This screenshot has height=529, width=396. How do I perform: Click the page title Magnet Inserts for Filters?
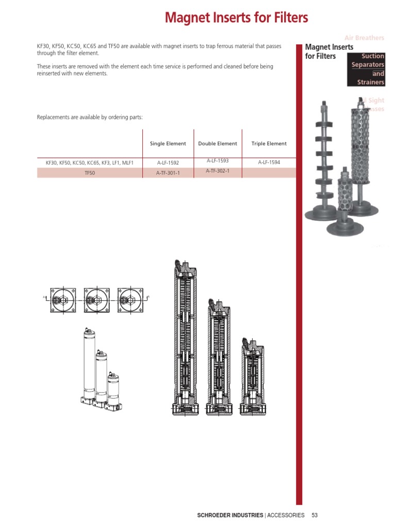[x=236, y=18]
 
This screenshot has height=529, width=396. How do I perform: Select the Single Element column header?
[x=168, y=144]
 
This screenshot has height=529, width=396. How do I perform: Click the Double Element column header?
[x=218, y=144]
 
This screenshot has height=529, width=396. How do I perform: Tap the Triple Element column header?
[x=269, y=144]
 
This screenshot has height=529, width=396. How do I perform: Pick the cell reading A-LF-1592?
[x=168, y=163]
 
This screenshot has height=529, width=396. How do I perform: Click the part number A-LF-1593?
[x=217, y=161]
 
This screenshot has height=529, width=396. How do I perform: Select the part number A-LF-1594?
[x=269, y=163]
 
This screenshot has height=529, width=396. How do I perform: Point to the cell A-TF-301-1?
[x=168, y=173]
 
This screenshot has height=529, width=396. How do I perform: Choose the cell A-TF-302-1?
[x=217, y=171]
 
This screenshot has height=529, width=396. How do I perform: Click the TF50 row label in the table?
[x=90, y=173]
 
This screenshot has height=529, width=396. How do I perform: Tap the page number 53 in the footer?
[x=315, y=515]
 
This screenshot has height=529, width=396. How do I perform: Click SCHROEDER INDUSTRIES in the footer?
[x=230, y=515]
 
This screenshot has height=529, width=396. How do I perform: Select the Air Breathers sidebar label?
[x=364, y=38]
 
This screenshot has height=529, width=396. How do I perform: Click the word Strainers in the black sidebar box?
[x=370, y=82]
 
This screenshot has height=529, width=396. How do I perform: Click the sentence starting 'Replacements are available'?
[x=90, y=117]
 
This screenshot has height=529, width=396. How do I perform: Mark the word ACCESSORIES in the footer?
[x=286, y=515]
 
